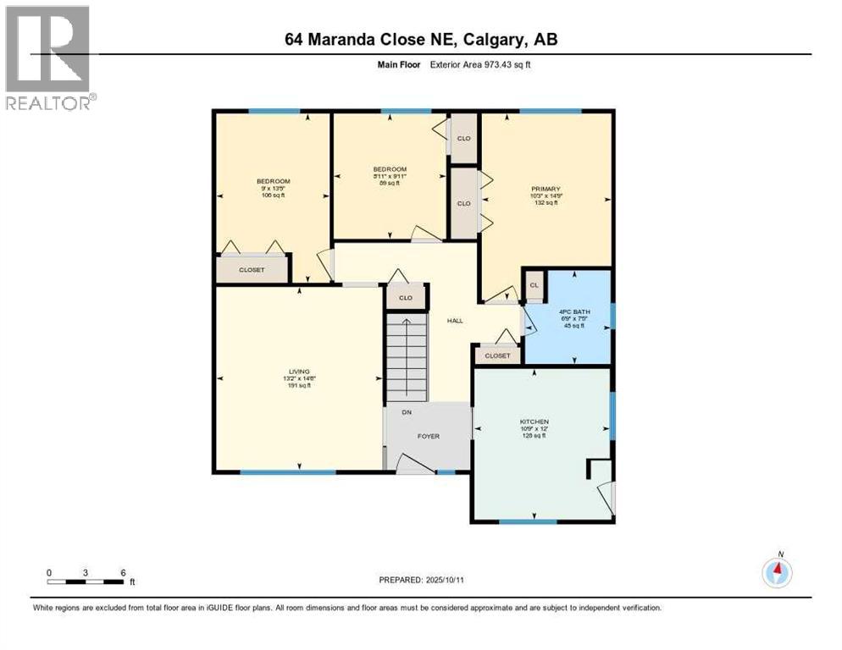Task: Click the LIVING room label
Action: pyautogui.click(x=297, y=372)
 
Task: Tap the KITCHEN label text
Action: pyautogui.click(x=535, y=421)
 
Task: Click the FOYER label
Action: pyautogui.click(x=429, y=437)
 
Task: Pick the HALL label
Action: pyautogui.click(x=454, y=321)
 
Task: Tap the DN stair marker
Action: pyautogui.click(x=407, y=415)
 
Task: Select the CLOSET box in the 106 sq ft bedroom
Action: pyautogui.click(x=252, y=270)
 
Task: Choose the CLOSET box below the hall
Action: pyautogui.click(x=497, y=356)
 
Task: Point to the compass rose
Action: pyautogui.click(x=777, y=572)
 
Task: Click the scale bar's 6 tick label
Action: pyautogui.click(x=124, y=572)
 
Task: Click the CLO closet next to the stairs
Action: pyautogui.click(x=405, y=298)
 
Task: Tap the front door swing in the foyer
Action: pyautogui.click(x=412, y=462)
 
